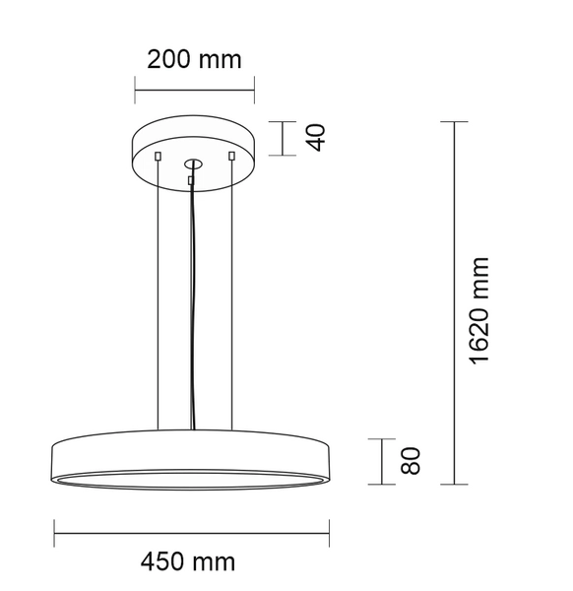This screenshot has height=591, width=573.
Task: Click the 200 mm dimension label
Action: coord(194,59)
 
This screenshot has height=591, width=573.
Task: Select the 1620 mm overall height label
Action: coord(479,309)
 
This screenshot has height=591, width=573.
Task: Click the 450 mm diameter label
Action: coord(188,562)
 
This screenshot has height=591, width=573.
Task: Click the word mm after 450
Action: coord(215,562)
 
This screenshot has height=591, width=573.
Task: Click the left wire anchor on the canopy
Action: coord(158,155)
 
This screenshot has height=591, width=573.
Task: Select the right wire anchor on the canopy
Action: coord(231,155)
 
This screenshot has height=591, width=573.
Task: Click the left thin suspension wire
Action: coord(158,295)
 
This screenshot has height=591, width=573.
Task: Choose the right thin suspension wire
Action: coord(231,295)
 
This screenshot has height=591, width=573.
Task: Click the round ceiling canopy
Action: coord(194,138)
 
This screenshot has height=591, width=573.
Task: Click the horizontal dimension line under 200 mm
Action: coord(194,92)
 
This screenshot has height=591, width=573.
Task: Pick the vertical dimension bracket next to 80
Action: coord(382,461)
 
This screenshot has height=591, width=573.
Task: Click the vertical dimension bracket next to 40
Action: coord(284,138)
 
